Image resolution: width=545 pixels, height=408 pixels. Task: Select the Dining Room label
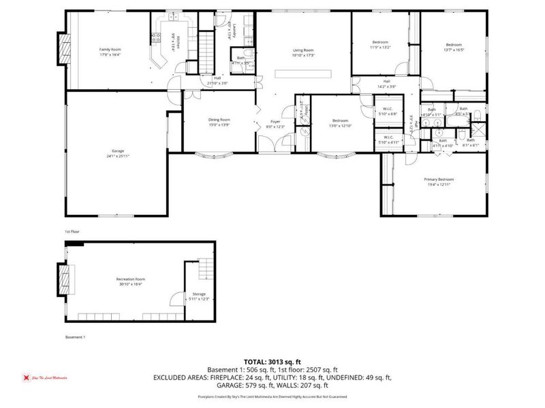219,120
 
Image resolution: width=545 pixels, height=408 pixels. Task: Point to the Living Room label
303,50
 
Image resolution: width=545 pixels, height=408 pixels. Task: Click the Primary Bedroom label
439,179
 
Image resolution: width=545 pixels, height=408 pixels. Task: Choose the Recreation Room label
130,279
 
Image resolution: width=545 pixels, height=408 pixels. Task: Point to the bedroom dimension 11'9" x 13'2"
380,47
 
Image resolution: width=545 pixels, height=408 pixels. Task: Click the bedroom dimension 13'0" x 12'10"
341,125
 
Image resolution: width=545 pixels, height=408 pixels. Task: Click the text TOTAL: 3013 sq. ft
272,362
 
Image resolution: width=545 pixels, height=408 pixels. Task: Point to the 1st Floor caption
72,232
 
